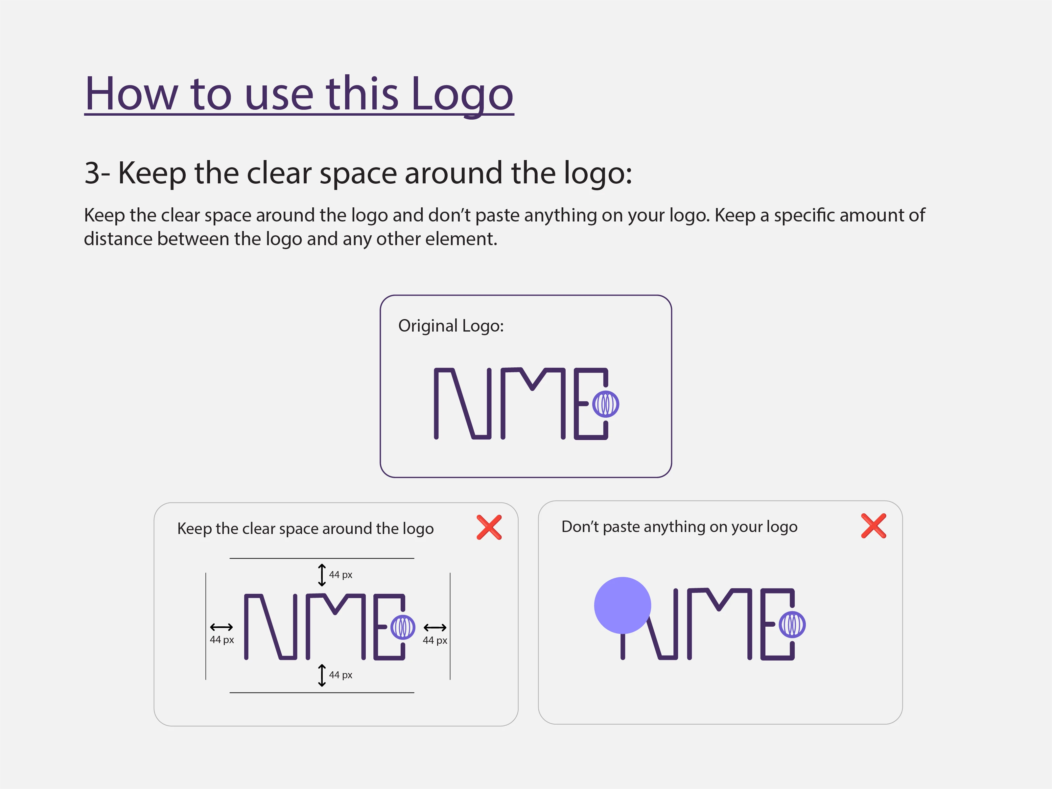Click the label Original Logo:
(x=451, y=326)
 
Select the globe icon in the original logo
(x=605, y=404)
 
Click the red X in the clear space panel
(x=489, y=527)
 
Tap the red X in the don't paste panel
(x=874, y=525)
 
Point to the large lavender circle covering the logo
(x=622, y=605)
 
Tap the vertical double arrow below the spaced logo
(x=322, y=675)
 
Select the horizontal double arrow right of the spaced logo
(x=435, y=627)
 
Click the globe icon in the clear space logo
(x=403, y=627)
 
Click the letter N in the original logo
(x=462, y=403)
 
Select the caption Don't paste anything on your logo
(x=679, y=527)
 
